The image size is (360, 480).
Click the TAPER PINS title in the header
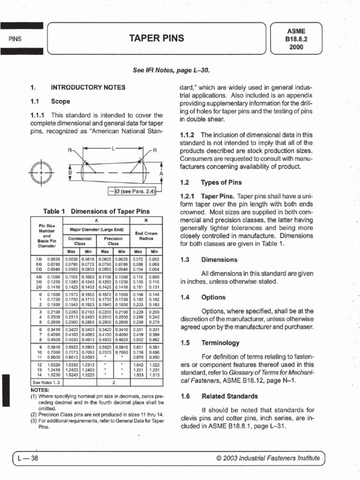tap(159, 38)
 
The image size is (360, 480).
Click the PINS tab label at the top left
tap(15, 38)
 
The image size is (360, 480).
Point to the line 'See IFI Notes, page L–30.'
tap(171, 70)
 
